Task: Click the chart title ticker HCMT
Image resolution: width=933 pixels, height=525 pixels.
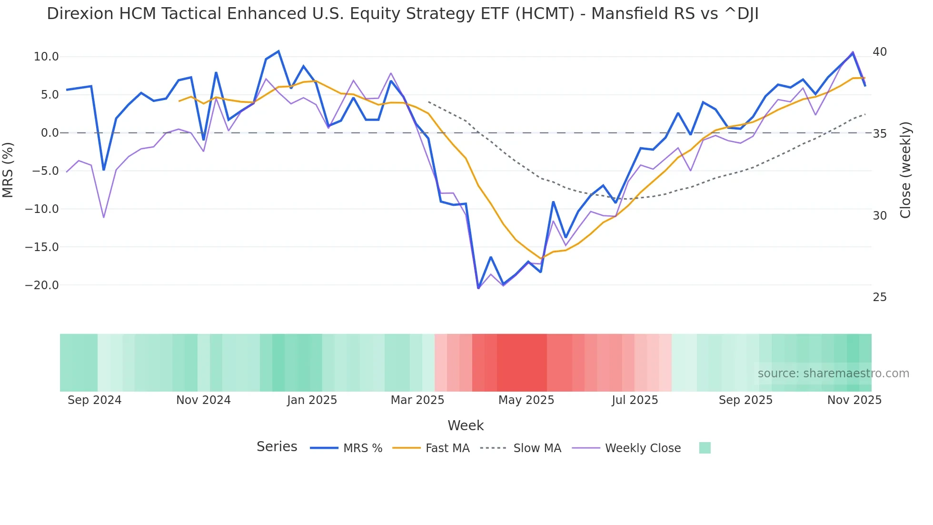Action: click(545, 14)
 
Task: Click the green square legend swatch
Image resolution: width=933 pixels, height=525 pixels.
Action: click(705, 448)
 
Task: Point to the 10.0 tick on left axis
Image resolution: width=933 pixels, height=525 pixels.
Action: click(46, 57)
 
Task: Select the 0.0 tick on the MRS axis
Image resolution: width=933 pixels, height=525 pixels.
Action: click(50, 133)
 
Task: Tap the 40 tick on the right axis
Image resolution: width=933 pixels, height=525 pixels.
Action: click(880, 52)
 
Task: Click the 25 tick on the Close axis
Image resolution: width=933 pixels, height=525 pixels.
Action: click(880, 297)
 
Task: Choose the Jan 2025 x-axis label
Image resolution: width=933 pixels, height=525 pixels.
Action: click(312, 400)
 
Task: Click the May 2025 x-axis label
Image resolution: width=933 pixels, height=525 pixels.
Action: click(526, 400)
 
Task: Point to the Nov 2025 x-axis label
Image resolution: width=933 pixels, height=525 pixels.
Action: click(854, 400)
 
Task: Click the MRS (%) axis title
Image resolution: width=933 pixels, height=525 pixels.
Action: click(8, 170)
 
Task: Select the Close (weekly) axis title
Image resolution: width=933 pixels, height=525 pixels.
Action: click(905, 170)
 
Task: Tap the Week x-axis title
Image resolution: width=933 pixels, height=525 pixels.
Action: click(466, 425)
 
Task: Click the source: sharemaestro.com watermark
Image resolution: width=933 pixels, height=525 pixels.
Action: click(833, 374)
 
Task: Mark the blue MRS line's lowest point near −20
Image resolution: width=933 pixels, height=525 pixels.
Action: click(478, 288)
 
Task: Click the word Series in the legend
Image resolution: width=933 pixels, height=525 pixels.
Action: click(277, 447)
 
